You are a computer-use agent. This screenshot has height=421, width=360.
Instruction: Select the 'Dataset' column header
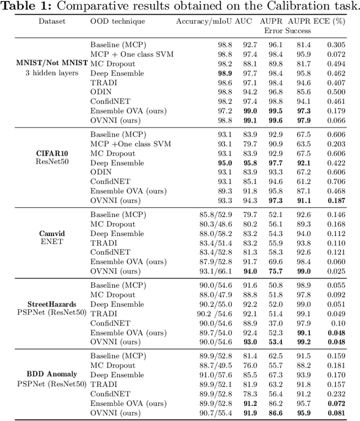52,21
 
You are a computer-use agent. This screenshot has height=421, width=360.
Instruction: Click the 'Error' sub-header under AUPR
274,31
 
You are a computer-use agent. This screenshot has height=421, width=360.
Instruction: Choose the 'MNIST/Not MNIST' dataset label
52,64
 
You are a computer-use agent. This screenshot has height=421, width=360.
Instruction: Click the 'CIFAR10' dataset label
52,153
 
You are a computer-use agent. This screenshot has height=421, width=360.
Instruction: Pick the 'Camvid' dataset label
52,233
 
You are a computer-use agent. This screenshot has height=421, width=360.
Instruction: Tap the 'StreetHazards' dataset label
52,304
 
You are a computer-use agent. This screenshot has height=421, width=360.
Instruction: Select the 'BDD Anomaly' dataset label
52,374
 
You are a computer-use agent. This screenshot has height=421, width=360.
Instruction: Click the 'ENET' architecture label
52,242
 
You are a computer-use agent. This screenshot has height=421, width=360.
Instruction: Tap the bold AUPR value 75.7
276,271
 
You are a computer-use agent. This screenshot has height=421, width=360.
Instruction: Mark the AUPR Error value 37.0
276,323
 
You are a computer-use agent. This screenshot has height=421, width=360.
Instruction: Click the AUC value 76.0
250,366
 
